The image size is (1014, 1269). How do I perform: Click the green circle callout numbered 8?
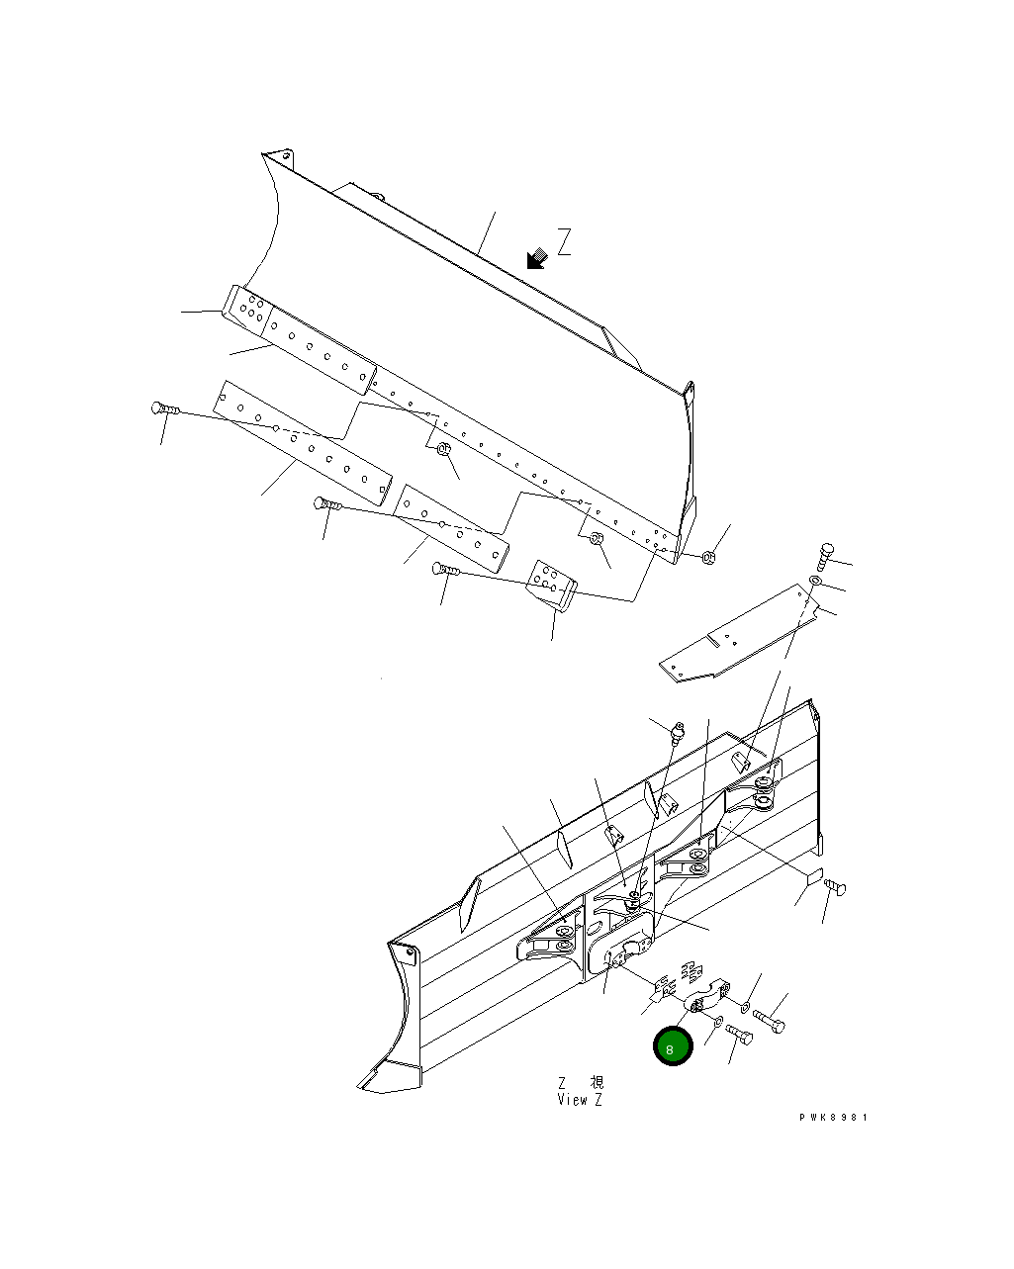coord(672,1047)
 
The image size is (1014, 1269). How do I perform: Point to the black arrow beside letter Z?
coord(537,259)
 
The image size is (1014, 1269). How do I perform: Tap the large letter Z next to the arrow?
coord(564,242)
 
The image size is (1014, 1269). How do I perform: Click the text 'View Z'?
coord(580,1100)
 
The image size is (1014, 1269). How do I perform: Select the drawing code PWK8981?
coord(833,1117)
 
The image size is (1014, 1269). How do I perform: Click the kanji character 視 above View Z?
coord(597,1082)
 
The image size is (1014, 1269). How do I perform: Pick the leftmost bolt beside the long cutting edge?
coord(163,408)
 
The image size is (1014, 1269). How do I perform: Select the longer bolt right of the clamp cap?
coord(769,1019)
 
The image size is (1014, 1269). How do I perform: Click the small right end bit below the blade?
coord(551,585)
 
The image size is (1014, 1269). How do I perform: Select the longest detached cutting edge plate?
coord(302,439)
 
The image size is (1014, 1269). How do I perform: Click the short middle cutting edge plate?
coord(451,528)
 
